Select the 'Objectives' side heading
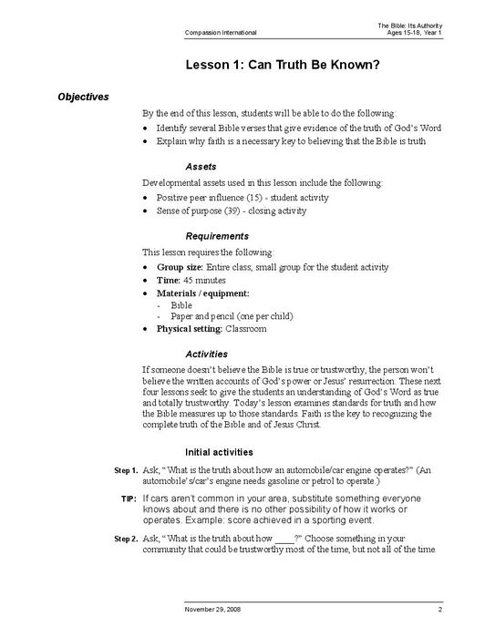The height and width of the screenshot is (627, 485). click(83, 97)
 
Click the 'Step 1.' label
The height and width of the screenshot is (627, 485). click(125, 470)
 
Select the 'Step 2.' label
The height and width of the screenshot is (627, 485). click(125, 540)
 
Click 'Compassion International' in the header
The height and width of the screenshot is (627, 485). click(220, 32)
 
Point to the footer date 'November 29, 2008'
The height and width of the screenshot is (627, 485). click(214, 608)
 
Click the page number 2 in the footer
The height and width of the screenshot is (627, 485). click(439, 608)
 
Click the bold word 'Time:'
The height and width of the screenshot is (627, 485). click(170, 280)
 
